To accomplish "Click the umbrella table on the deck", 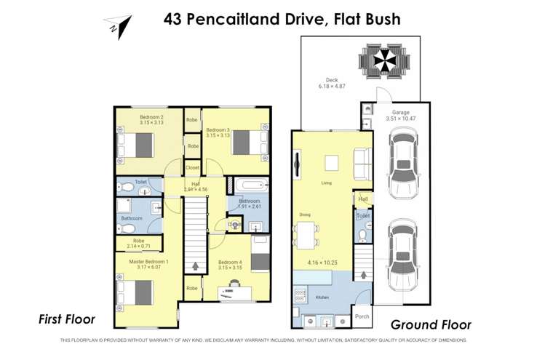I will [x=382, y=60].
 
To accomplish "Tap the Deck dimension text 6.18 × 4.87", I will [x=331, y=87].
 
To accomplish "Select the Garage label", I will [x=401, y=113].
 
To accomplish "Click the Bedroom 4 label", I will [x=230, y=262].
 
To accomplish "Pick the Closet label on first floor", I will [x=193, y=167].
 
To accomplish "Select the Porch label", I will [x=362, y=317].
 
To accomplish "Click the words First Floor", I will [x=66, y=319].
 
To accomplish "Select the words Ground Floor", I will [x=431, y=325].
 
